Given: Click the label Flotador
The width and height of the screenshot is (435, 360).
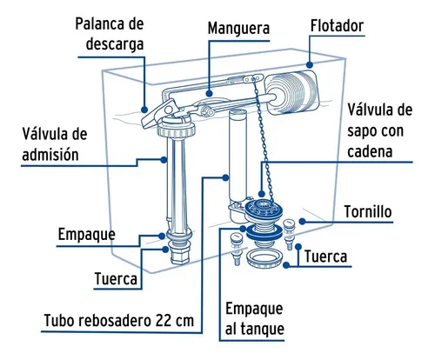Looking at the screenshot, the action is click(337, 26).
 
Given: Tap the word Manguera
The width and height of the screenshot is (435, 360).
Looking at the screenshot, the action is click(238, 29).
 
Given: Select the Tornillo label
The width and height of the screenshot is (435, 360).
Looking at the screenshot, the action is click(368, 211).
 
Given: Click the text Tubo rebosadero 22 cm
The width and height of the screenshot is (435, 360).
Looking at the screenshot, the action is click(119, 321).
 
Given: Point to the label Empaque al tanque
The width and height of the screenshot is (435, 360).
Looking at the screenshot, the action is click(255, 318).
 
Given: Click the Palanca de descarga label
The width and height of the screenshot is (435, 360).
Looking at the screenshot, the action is click(110, 34).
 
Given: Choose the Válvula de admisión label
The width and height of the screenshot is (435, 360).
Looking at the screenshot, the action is click(55, 144).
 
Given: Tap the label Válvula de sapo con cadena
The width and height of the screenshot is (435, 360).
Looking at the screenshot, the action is click(379, 130).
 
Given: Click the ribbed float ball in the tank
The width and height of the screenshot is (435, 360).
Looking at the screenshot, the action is click(291, 91).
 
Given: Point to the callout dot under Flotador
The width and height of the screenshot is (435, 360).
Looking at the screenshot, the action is click(310, 64).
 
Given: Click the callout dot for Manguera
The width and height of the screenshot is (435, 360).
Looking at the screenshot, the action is click(209, 93).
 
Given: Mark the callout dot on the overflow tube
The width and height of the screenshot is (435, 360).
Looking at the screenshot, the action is click(225, 177).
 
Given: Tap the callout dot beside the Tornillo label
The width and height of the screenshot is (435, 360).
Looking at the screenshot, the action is click(302, 222).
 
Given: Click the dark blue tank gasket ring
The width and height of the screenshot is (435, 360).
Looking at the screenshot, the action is click(264, 231).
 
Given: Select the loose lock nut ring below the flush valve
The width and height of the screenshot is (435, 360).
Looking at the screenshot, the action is click(264, 259).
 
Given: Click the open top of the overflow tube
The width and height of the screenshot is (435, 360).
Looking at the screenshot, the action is click(238, 112).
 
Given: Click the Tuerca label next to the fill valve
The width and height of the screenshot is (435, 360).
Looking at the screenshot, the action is click(116, 279).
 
